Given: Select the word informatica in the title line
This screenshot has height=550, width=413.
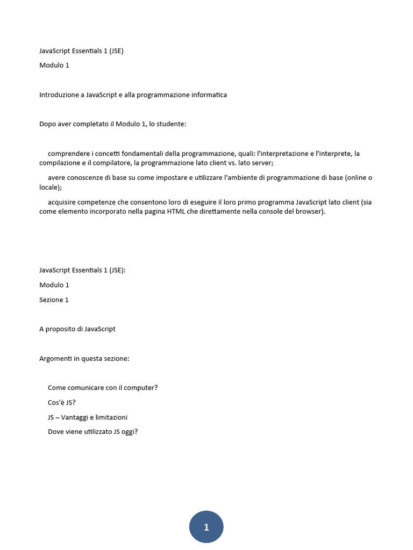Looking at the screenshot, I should [x=208, y=95].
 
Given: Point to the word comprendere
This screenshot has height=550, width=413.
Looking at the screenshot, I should [x=68, y=154].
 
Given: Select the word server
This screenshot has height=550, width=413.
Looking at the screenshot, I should [x=262, y=163].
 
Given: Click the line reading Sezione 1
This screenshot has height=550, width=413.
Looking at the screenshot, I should [x=54, y=300].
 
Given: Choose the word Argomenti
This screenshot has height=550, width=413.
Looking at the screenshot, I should [x=55, y=358].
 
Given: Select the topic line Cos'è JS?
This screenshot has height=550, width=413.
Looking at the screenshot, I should [x=61, y=402].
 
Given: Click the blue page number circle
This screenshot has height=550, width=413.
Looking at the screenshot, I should [x=206, y=527].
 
